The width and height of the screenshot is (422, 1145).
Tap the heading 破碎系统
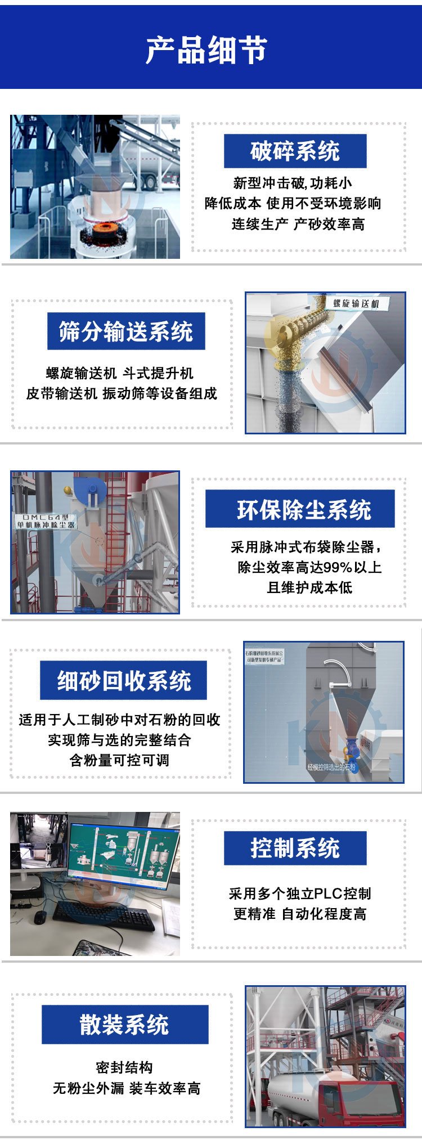point(295,151)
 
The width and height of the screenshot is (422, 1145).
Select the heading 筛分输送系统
point(126,331)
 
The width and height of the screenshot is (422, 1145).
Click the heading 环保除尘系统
point(304,509)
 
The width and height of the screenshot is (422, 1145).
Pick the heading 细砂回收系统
point(124,680)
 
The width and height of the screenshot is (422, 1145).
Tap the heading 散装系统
point(124,1024)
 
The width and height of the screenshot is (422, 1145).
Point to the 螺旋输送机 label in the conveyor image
point(356,304)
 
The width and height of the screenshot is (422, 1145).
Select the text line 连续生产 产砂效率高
point(298,224)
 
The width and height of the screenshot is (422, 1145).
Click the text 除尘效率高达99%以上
point(309,567)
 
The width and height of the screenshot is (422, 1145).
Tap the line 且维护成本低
point(309,587)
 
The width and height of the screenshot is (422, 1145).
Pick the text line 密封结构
point(124,1067)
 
